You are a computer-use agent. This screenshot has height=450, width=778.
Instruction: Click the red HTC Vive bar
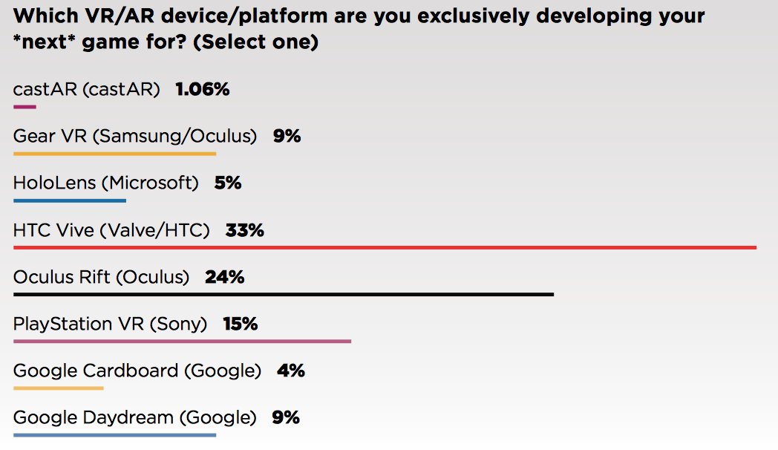tap(385, 247)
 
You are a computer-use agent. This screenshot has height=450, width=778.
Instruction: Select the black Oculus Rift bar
tap(284, 295)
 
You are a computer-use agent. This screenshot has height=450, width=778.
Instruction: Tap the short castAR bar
tap(24, 107)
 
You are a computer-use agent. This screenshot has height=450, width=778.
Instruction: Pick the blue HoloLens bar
tap(70, 200)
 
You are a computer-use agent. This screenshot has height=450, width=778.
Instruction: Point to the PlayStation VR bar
tap(182, 342)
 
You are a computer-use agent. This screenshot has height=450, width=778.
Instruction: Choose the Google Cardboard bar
tap(59, 388)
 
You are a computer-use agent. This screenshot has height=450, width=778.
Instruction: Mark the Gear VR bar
tap(114, 154)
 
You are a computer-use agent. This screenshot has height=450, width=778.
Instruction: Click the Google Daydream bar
tap(114, 435)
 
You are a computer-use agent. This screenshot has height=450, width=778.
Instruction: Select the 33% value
tap(245, 230)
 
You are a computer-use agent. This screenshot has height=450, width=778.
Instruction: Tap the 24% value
tap(224, 277)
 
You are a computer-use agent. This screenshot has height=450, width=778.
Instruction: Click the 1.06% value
tap(203, 90)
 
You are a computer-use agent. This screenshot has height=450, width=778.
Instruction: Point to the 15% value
tap(240, 324)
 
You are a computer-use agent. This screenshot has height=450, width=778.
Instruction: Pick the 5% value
tap(228, 183)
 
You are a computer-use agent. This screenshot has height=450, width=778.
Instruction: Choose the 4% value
tap(290, 371)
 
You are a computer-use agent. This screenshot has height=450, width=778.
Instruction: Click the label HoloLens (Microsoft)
tap(106, 183)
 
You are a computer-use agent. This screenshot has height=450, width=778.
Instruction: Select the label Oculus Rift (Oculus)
tap(101, 277)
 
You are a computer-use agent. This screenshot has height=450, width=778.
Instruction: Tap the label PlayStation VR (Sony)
tap(114, 324)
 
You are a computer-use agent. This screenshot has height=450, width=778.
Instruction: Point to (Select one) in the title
tap(255, 42)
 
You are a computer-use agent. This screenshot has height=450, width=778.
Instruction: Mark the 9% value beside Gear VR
tap(287, 137)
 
